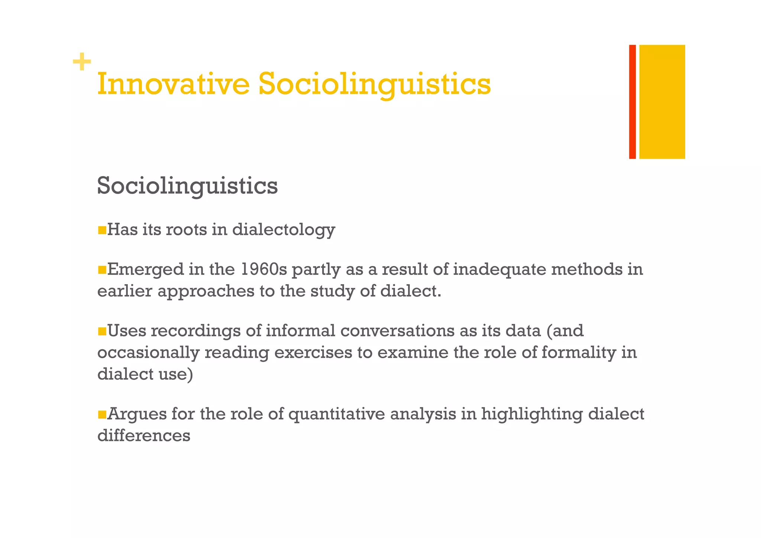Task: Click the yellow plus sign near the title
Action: coord(82,62)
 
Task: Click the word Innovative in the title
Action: coord(173,84)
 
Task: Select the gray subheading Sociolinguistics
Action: coord(187,186)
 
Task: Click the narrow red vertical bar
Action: coord(632,102)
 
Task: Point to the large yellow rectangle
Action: coord(662,102)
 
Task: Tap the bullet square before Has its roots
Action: coord(102,230)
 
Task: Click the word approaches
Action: coord(206,291)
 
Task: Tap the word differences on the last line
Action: coord(144,436)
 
